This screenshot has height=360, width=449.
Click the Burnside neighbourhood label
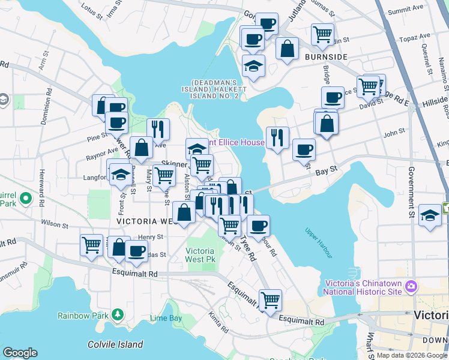coord(325,57)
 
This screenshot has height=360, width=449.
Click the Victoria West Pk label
coord(200,254)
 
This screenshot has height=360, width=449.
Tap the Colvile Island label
coord(115,344)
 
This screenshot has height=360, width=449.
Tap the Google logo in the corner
coord(20,353)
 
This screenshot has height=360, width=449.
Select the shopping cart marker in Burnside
coord(323,34)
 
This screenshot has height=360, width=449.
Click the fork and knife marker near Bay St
coord(277,137)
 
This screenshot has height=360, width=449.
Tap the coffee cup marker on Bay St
coord(304,149)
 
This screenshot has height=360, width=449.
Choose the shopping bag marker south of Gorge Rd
coord(288,47)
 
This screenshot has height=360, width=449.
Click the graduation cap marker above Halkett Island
coord(254,65)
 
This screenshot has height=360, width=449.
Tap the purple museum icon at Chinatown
coord(411,287)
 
